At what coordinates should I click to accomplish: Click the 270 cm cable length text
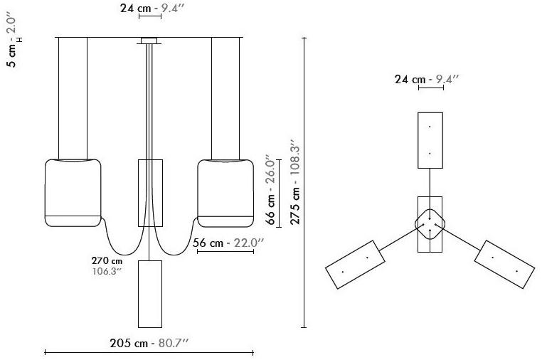click(107, 260)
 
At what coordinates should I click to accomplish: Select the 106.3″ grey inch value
click(107, 271)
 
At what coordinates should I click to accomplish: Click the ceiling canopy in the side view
click(149, 41)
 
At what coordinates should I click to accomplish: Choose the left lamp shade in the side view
click(73, 193)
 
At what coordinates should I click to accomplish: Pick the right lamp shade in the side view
click(225, 193)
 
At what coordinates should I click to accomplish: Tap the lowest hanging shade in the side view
click(150, 294)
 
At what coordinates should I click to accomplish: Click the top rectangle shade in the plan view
click(430, 140)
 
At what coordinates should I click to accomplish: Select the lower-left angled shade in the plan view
click(355, 264)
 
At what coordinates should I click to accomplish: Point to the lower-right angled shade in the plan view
click(505, 264)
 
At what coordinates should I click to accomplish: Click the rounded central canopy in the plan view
click(430, 224)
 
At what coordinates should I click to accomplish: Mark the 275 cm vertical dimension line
click(304, 182)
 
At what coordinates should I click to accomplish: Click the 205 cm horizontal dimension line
click(149, 353)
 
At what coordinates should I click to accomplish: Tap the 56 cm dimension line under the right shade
click(225, 251)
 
